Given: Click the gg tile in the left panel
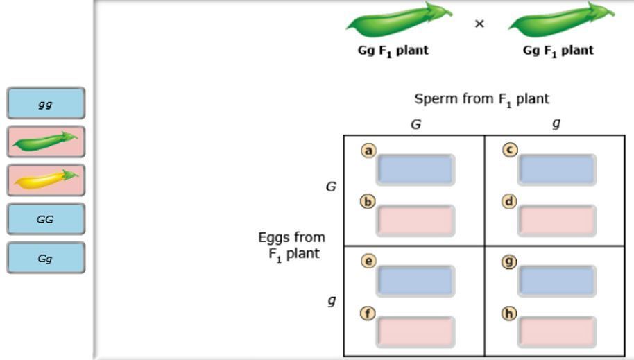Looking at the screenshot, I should (46, 103).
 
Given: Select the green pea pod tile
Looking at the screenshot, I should (46, 142).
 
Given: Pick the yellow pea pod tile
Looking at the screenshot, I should (46, 180).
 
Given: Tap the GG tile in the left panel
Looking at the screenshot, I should (46, 219).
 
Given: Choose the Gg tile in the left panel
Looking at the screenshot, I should (46, 258).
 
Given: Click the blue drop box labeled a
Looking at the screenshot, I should (415, 170).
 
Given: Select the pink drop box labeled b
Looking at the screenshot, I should (415, 221).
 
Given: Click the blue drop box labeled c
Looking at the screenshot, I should (557, 170).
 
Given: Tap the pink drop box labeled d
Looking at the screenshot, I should (557, 221).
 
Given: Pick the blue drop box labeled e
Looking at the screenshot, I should (415, 281).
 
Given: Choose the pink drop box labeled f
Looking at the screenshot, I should (415, 332).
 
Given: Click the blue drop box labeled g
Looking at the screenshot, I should (557, 281).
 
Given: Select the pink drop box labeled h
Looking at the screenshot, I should (557, 332).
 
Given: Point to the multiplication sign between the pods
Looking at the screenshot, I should (479, 24).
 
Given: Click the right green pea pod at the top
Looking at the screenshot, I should (560, 22).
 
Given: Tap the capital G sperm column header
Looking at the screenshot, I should (415, 125).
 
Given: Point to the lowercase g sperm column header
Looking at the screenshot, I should (556, 123).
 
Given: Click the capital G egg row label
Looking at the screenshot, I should (331, 187).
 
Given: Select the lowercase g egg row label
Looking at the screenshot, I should (332, 301).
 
